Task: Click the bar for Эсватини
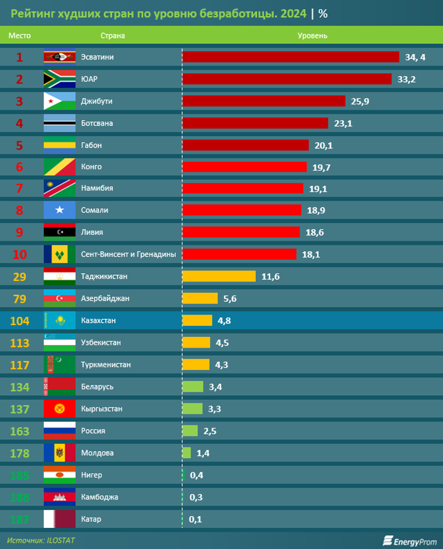(x=290, y=57)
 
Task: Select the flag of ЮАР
(x=60, y=79)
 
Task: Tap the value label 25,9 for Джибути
(x=360, y=101)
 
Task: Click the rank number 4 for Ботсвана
(x=19, y=123)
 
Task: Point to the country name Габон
(x=92, y=145)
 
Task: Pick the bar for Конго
(x=244, y=167)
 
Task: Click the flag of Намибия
(x=60, y=188)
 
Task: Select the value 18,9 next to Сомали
(x=316, y=210)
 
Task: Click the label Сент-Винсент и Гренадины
(x=128, y=254)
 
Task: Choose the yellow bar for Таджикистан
(x=219, y=276)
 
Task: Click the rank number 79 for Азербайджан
(x=19, y=298)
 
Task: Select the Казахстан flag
(x=60, y=320)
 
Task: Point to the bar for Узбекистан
(x=196, y=343)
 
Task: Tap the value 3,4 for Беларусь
(x=215, y=387)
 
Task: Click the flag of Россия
(x=60, y=431)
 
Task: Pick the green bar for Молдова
(x=187, y=453)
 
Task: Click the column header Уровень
(x=313, y=35)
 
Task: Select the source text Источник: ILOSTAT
(x=41, y=540)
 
